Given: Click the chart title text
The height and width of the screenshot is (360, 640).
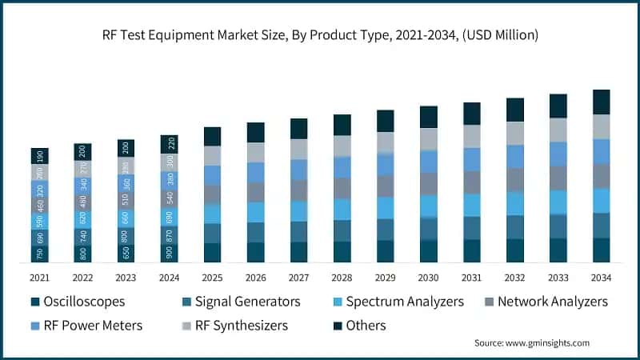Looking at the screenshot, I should (x=320, y=34).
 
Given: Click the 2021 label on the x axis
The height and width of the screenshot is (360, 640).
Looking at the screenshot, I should (x=39, y=278).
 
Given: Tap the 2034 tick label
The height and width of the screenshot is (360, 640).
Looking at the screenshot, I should (x=601, y=278).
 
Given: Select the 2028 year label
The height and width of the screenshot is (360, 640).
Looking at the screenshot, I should (x=342, y=278).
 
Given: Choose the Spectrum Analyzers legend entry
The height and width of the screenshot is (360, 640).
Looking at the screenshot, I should (x=403, y=302).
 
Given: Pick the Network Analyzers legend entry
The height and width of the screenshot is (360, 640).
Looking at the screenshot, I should (x=552, y=302).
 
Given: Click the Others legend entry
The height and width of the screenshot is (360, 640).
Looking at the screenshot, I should (x=366, y=326).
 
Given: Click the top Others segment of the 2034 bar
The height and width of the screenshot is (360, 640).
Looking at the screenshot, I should (x=601, y=102).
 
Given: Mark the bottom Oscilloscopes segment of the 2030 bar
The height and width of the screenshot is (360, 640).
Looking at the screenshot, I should (x=429, y=251).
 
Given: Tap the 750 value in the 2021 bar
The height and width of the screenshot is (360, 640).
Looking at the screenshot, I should (x=39, y=254).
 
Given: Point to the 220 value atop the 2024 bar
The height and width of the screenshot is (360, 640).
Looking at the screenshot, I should (x=169, y=144).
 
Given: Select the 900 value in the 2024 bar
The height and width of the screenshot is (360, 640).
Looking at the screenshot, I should (x=169, y=253).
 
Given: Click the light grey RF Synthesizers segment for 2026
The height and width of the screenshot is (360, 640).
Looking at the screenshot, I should (x=255, y=152).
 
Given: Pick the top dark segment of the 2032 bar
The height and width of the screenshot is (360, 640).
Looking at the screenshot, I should (x=515, y=110).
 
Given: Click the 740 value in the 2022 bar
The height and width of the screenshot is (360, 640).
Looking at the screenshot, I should (x=82, y=236).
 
